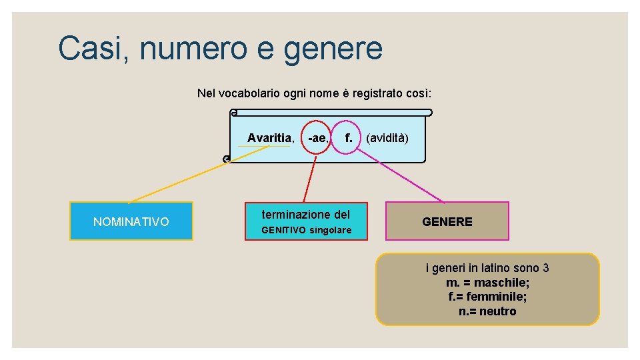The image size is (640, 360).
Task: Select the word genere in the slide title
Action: pyautogui.click(x=333, y=50)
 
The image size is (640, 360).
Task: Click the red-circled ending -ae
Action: pyautogui.click(x=316, y=138)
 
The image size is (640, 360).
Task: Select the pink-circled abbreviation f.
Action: pyautogui.click(x=347, y=138)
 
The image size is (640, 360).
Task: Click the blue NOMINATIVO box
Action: pyautogui.click(x=131, y=221)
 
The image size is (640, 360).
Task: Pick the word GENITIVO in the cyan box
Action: pyautogui.click(x=283, y=230)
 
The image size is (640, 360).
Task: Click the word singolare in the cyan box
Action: pyautogui.click(x=330, y=230)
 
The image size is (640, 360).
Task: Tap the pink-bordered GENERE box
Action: pyautogui.click(x=447, y=221)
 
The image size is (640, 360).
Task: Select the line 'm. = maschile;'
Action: pyautogui.click(x=487, y=283)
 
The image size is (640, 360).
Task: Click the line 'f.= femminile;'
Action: pyautogui.click(x=487, y=297)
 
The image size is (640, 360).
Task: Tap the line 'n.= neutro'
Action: pyautogui.click(x=487, y=311)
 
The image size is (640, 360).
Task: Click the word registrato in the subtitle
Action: pyautogui.click(x=378, y=93)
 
